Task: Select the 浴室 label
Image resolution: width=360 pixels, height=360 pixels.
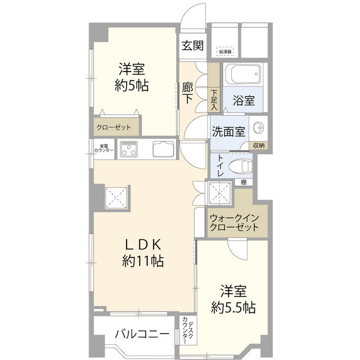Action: point(243,101)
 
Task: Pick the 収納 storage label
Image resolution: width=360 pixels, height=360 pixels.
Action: point(258,145)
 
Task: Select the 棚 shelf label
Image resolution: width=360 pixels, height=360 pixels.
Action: point(243,182)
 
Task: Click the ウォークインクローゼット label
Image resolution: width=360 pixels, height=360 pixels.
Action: point(233,223)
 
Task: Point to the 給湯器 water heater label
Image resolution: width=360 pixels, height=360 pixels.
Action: point(226,52)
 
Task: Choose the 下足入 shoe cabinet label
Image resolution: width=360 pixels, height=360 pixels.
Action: point(214,99)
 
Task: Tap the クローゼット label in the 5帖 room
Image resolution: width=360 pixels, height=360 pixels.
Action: point(118,127)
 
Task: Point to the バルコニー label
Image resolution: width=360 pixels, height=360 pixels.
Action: point(142,334)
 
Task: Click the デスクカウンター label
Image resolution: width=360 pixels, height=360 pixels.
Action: point(188,332)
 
